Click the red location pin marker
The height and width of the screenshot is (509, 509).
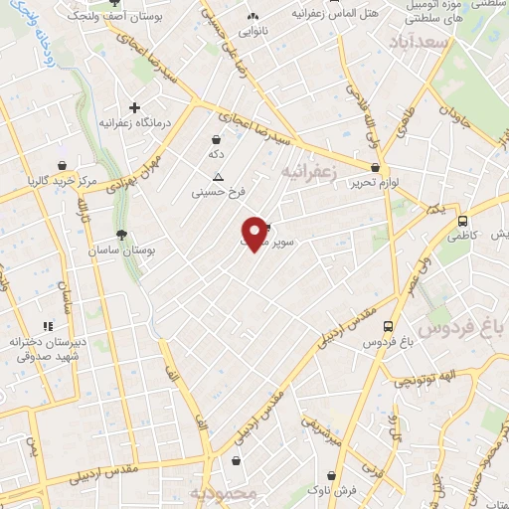255,233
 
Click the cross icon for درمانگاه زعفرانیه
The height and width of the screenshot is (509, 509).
135,107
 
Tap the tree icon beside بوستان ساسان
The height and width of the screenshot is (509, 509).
121,236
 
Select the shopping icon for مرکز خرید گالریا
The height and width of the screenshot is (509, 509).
62,166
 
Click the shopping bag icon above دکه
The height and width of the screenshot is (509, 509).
216,141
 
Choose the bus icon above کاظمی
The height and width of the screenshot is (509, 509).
462,221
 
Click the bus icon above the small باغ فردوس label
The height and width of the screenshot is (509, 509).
387,326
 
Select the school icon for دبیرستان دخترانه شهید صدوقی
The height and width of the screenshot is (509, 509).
46,326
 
